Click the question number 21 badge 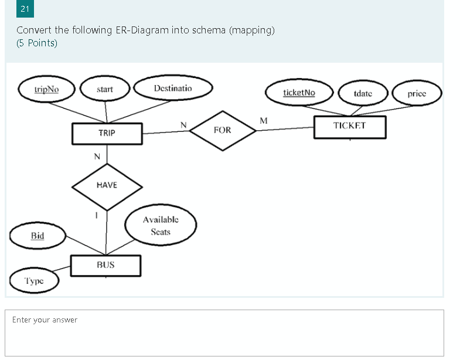pyautogui.click(x=25, y=9)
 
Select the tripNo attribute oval pyautogui.click(x=46, y=90)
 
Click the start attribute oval pyautogui.click(x=105, y=90)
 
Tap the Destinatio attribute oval pyautogui.click(x=173, y=88)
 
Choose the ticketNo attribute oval pyautogui.click(x=299, y=93)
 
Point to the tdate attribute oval pyautogui.click(x=363, y=94)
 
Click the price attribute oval pyautogui.click(x=417, y=94)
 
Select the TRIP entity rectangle pyautogui.click(x=107, y=133)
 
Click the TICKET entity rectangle pyautogui.click(x=349, y=126)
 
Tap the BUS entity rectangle pyautogui.click(x=105, y=265)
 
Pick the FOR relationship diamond pyautogui.click(x=223, y=130)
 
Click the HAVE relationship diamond pyautogui.click(x=107, y=185)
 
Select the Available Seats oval pyautogui.click(x=161, y=226)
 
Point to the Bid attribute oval pyautogui.click(x=38, y=236)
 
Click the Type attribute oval pyautogui.click(x=34, y=281)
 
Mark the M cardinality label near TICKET pyautogui.click(x=263, y=121)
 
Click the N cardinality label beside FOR pyautogui.click(x=183, y=124)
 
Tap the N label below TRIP pyautogui.click(x=97, y=157)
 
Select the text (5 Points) pyautogui.click(x=37, y=43)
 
